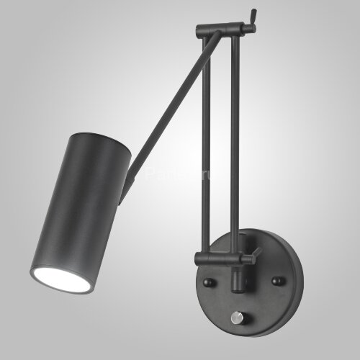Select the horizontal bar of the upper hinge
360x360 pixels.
223,30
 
